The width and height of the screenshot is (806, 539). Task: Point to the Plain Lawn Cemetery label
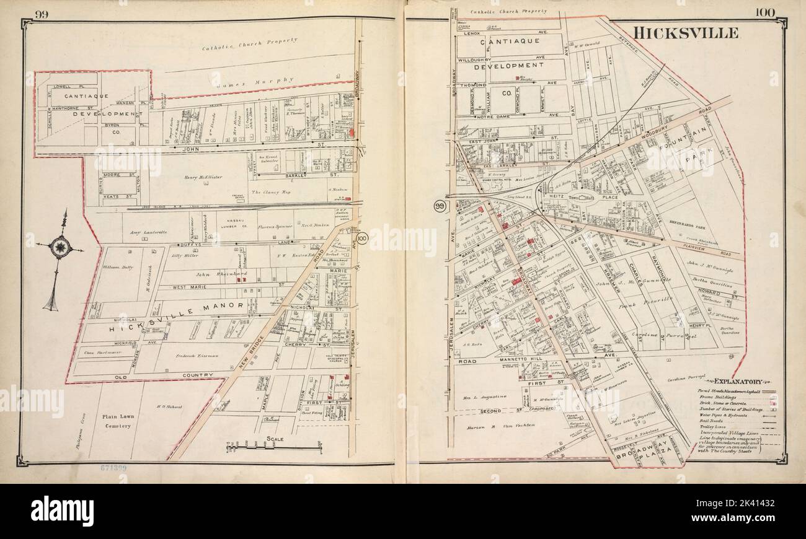117,421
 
